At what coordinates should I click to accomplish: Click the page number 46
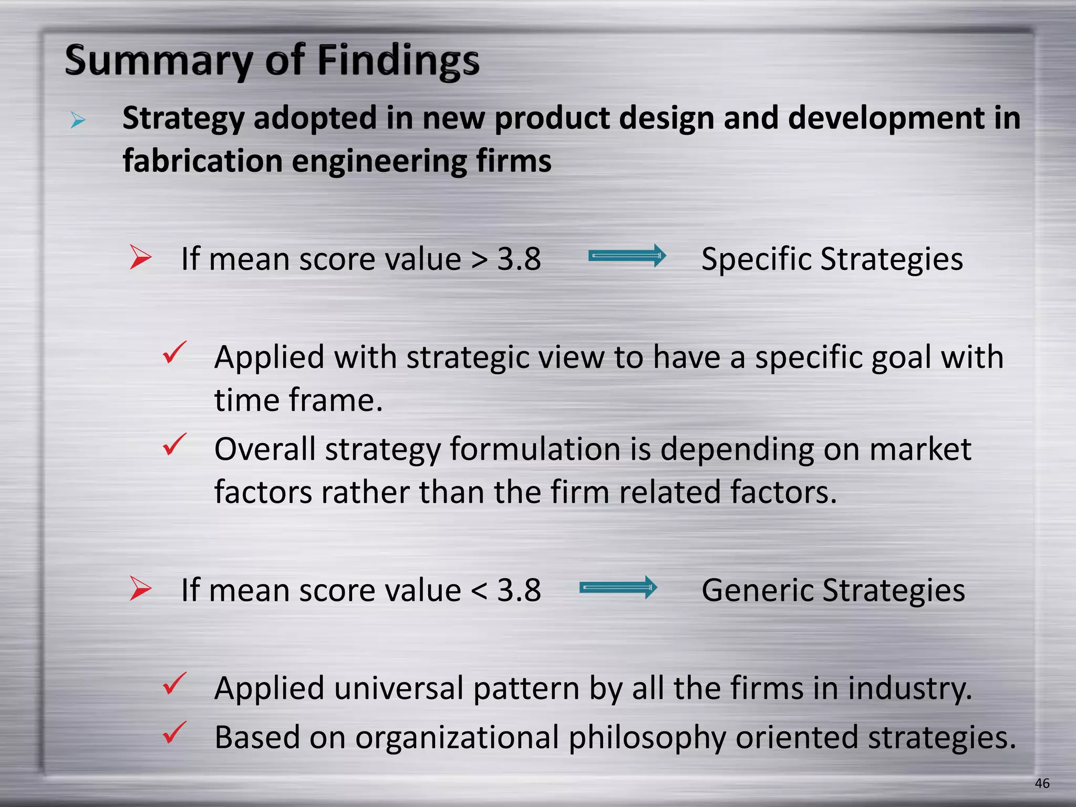1042,783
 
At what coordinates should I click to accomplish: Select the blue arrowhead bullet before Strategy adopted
78,120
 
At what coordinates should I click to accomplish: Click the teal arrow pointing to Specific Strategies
627,256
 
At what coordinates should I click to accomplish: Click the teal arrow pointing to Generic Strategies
618,587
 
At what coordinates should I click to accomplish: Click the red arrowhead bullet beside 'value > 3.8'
140,257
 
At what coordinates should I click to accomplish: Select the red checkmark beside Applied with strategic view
174,353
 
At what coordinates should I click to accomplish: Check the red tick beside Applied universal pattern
174,684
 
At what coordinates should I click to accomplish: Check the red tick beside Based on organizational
174,732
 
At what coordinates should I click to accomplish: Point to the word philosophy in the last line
647,738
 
